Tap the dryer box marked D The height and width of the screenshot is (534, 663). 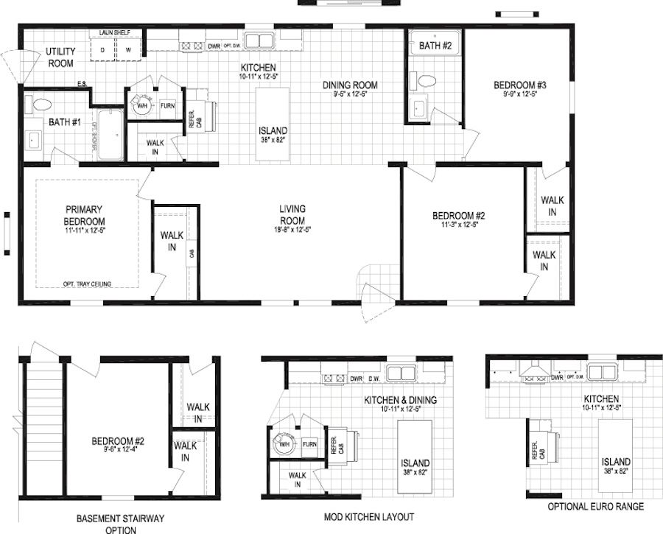pos(102,49)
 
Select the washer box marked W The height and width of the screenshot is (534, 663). pos(127,49)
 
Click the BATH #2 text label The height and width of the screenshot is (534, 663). pos(435,46)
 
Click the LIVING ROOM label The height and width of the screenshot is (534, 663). pos(292,214)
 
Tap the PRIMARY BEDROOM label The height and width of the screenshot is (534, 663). pos(84,214)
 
